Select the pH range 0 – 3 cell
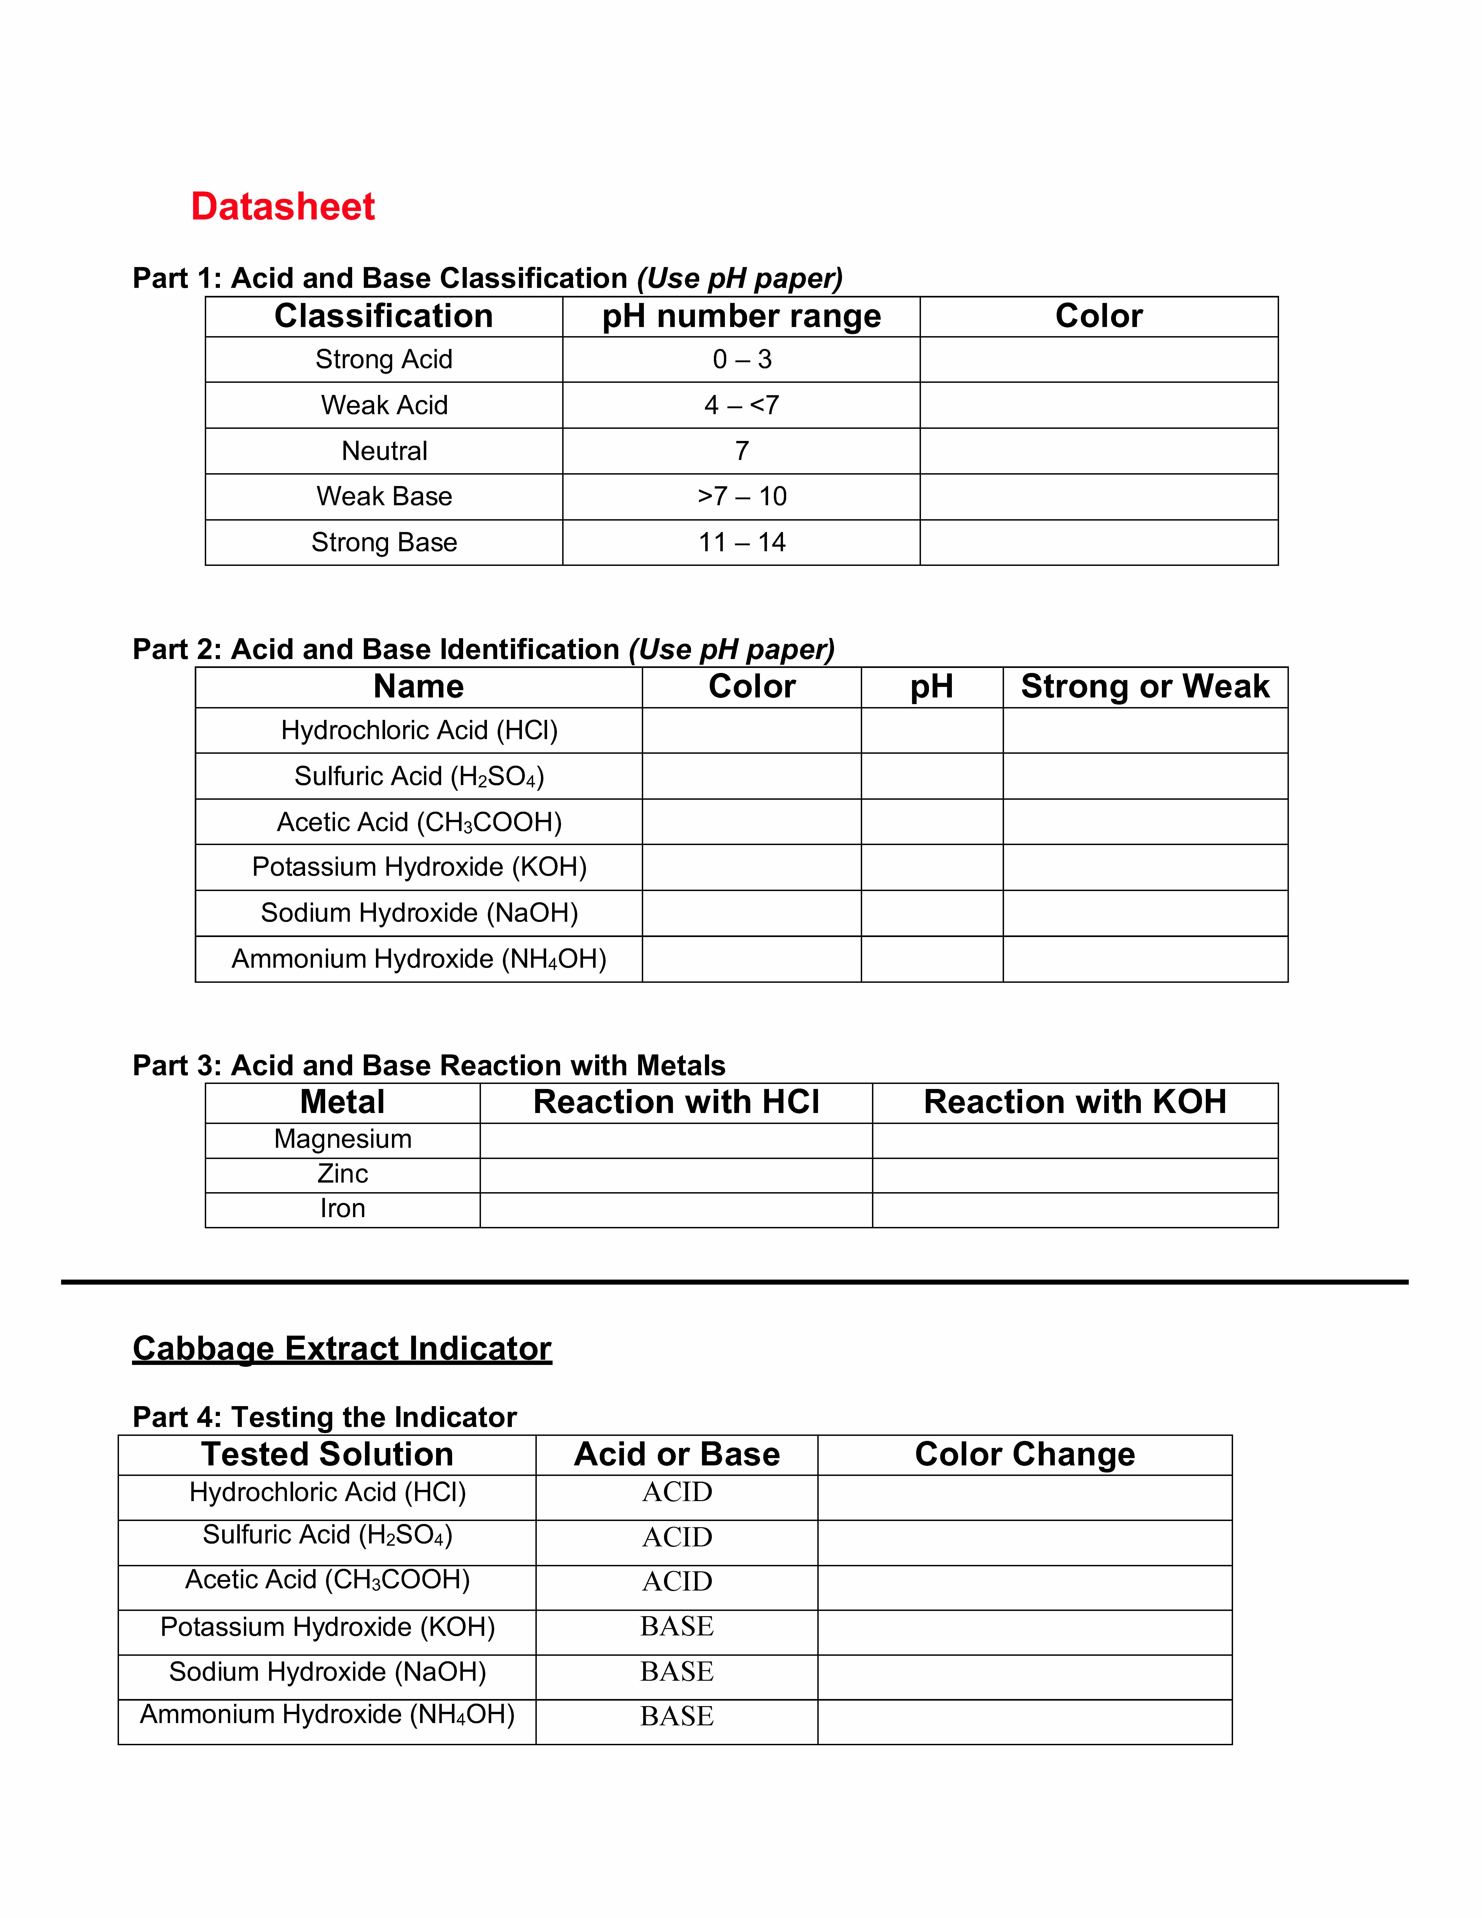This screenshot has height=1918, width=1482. [742, 359]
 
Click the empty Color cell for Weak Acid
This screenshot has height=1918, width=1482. [1098, 405]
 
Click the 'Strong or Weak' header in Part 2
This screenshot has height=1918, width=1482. [1145, 687]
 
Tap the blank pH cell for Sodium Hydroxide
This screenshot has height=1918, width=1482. [931, 913]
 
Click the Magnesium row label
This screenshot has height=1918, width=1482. [342, 1139]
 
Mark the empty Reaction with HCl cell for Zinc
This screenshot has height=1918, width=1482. [676, 1175]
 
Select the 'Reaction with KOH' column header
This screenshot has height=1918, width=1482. [1075, 1102]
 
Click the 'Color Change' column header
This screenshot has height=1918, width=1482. [1025, 1454]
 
